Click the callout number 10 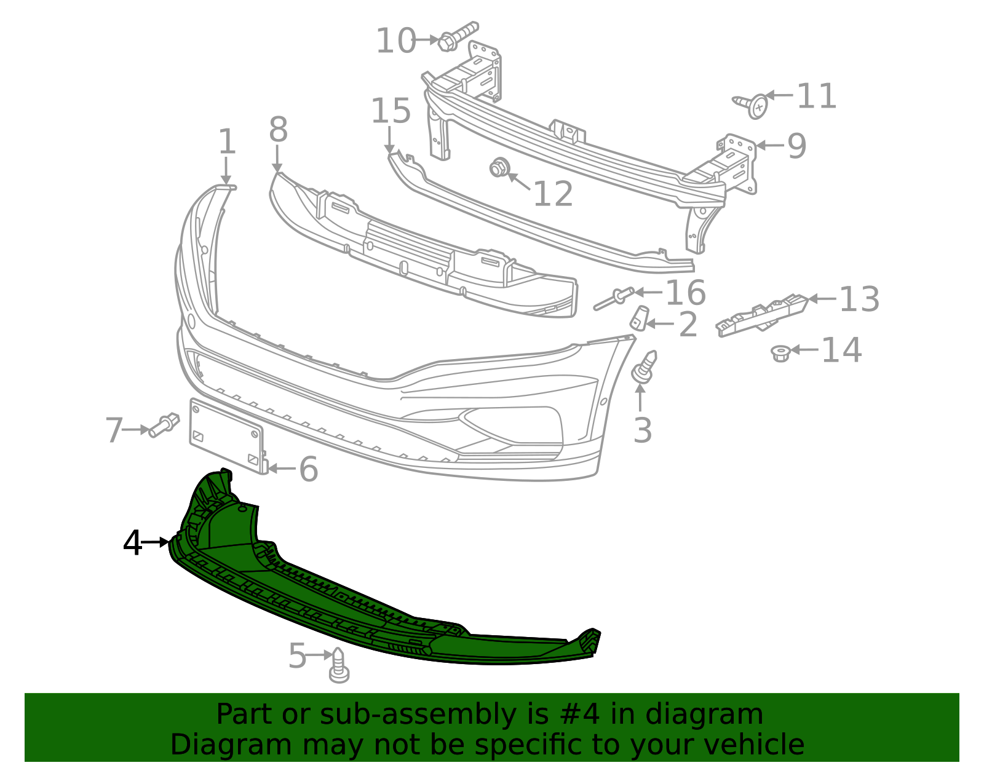point(395,41)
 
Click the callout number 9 point(796,146)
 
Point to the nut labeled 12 point(499,168)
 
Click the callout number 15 point(391,111)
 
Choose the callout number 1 point(227,142)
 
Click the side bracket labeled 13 point(761,314)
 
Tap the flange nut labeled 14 point(780,353)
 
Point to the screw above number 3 point(644,367)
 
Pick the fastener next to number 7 point(163,424)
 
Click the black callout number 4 point(132,543)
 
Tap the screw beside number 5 point(339,666)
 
